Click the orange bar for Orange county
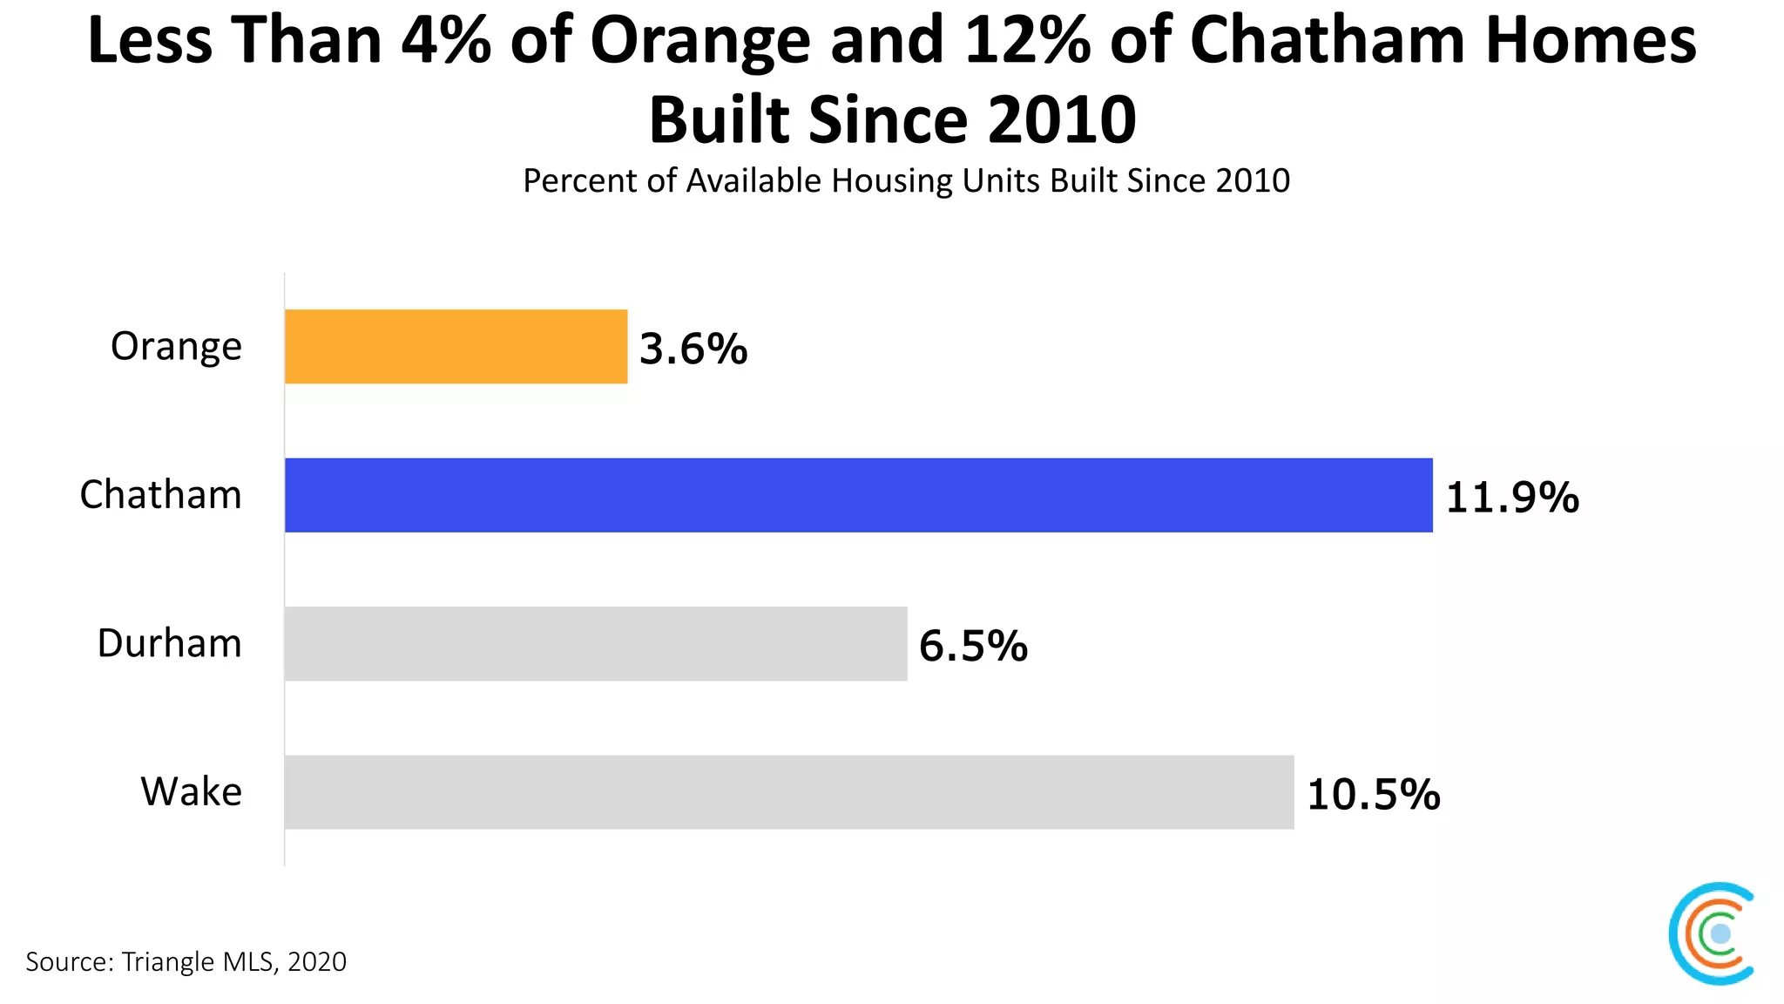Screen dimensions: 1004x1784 (x=456, y=346)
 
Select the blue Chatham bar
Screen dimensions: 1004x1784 (x=858, y=495)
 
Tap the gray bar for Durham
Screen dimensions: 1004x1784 (x=596, y=643)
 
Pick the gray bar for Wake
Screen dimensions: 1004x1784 (x=788, y=791)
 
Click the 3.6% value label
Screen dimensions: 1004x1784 (x=693, y=349)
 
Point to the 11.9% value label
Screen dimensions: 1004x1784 (x=1511, y=498)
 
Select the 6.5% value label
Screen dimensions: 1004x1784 (x=973, y=646)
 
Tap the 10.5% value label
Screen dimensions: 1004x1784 (x=1374, y=795)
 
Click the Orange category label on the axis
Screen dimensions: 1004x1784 (x=176, y=347)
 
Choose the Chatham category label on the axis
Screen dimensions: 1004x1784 (x=160, y=495)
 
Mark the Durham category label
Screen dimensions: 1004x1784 (x=169, y=643)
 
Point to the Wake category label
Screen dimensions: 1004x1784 (x=192, y=792)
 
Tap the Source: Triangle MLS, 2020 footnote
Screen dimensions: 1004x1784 (x=186, y=961)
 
